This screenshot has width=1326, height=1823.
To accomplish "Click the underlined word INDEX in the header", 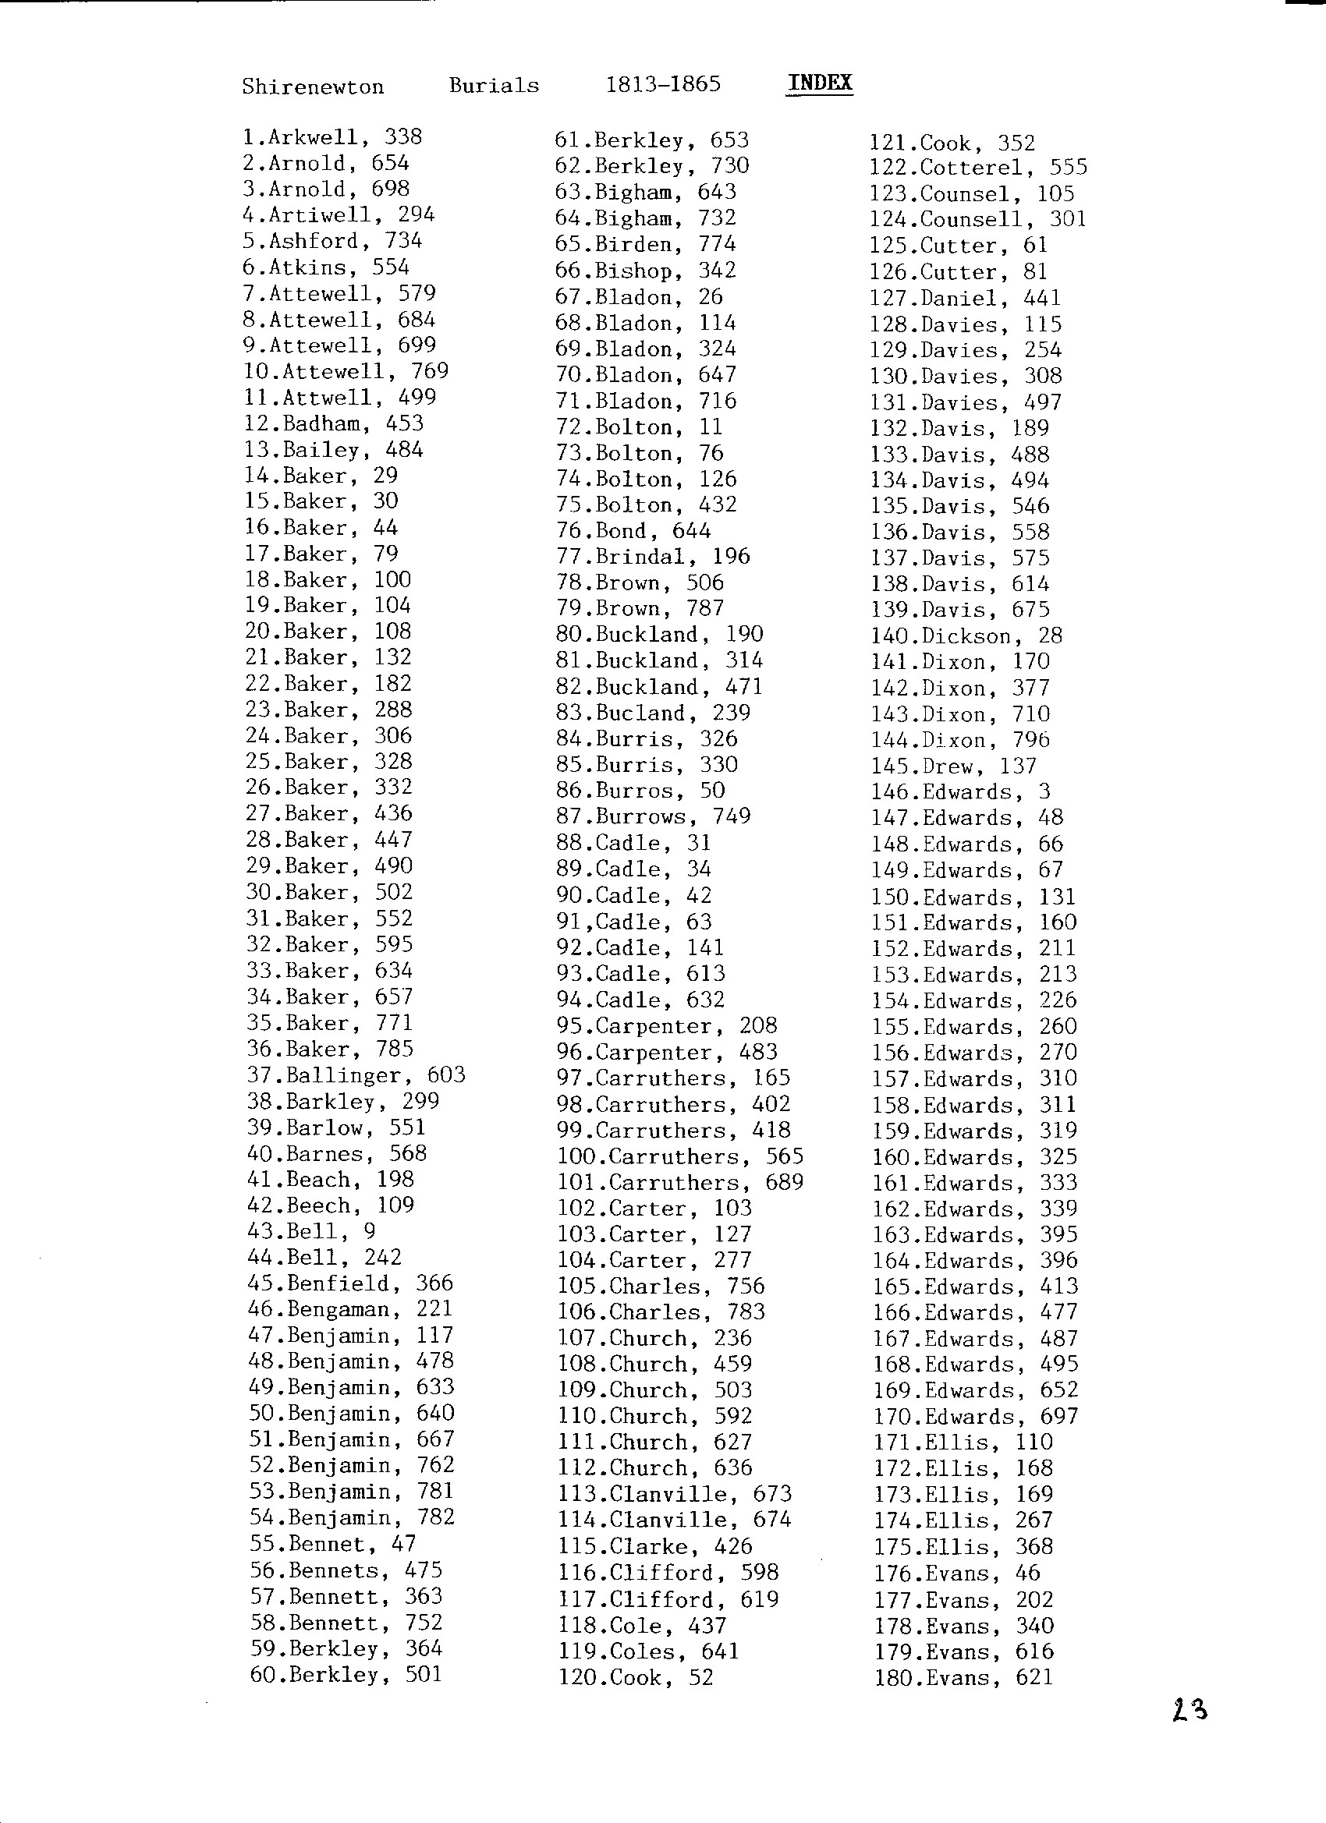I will pyautogui.click(x=820, y=83).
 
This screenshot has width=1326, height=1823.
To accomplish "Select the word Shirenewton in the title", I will pyautogui.click(x=313, y=87).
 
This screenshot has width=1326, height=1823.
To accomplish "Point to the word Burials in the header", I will pyautogui.click(x=494, y=86).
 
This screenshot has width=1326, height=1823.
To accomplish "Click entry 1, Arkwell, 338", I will pyautogui.click(x=332, y=137).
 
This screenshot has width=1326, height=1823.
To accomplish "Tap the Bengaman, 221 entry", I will pyautogui.click(x=349, y=1309).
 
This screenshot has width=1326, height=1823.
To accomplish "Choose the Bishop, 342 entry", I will pyautogui.click(x=646, y=271).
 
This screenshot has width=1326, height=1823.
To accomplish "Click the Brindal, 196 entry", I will pyautogui.click(x=653, y=557).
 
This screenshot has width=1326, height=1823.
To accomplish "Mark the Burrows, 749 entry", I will pyautogui.click(x=653, y=816).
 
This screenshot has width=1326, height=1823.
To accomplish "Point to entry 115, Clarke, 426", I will pyautogui.click(x=655, y=1546).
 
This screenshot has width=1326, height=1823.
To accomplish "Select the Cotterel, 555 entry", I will pyautogui.click(x=978, y=168).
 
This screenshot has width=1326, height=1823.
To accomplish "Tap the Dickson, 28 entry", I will pyautogui.click(x=966, y=636).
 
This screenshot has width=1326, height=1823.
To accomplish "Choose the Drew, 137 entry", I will pyautogui.click(x=954, y=766).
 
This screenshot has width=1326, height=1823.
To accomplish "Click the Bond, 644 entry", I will pyautogui.click(x=633, y=531).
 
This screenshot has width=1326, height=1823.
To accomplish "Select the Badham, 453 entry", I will pyautogui.click(x=334, y=423).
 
